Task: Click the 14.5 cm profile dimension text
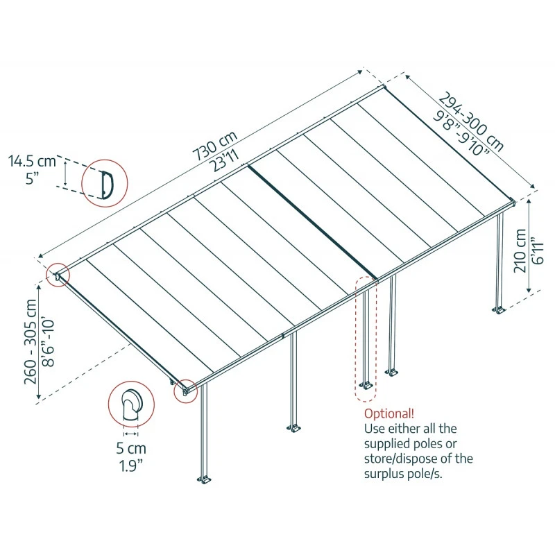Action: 31,162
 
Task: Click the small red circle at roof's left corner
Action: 56,275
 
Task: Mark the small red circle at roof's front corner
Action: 185,390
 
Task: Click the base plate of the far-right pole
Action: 499,309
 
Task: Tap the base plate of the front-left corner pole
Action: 205,479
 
